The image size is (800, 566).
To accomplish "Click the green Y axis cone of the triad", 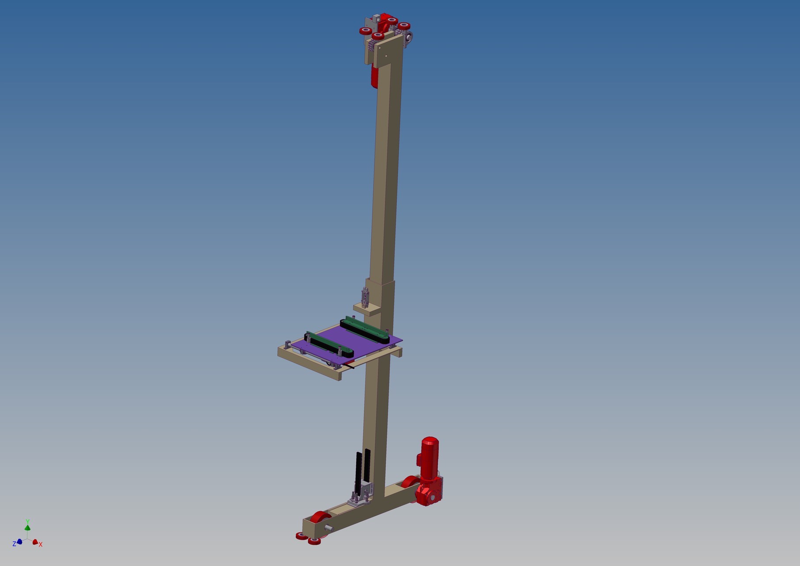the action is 27,527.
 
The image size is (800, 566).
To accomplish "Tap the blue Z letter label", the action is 14,543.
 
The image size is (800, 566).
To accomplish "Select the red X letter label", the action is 41,545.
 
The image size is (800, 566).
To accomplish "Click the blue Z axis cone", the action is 19,542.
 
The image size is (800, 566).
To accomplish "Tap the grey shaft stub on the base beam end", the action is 329,528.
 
